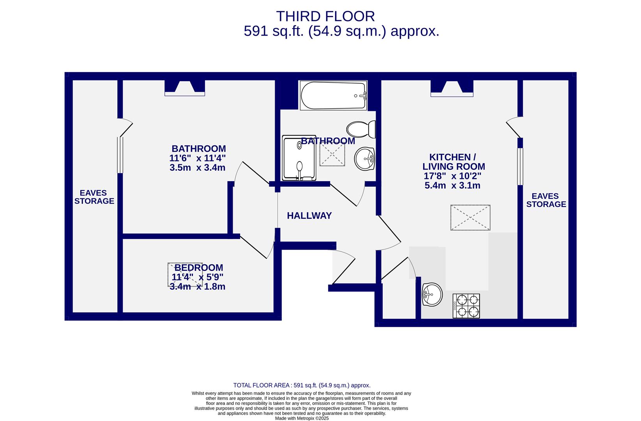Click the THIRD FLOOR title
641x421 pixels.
pyautogui.click(x=325, y=16)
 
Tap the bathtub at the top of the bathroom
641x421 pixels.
pyautogui.click(x=334, y=95)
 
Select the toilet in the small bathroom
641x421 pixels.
pyautogui.click(x=361, y=129)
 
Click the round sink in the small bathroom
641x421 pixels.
pyautogui.click(x=365, y=159)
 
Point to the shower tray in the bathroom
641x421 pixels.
pyautogui.click(x=299, y=158)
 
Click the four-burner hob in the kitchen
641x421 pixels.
pyautogui.click(x=466, y=306)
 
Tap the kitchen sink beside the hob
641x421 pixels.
pyautogui.click(x=432, y=294)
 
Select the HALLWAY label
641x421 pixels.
pyautogui.click(x=309, y=216)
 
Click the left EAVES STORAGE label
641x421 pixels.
pyautogui.click(x=94, y=197)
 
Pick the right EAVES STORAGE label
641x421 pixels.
pyautogui.click(x=546, y=200)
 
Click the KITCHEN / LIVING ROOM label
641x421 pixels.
pyautogui.click(x=454, y=162)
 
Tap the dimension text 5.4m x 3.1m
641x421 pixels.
pyautogui.click(x=452, y=186)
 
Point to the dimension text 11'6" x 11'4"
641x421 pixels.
pyautogui.click(x=198, y=158)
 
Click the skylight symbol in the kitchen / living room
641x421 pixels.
pyautogui.click(x=470, y=218)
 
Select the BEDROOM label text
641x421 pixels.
pyautogui.click(x=199, y=267)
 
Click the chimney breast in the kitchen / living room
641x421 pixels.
pyautogui.click(x=452, y=88)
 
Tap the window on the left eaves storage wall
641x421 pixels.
pyautogui.click(x=120, y=155)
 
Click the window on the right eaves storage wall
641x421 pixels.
pyautogui.click(x=520, y=166)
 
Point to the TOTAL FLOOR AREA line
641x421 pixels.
pyautogui.click(x=302, y=385)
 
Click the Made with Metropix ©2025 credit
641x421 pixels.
pyautogui.click(x=302, y=418)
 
